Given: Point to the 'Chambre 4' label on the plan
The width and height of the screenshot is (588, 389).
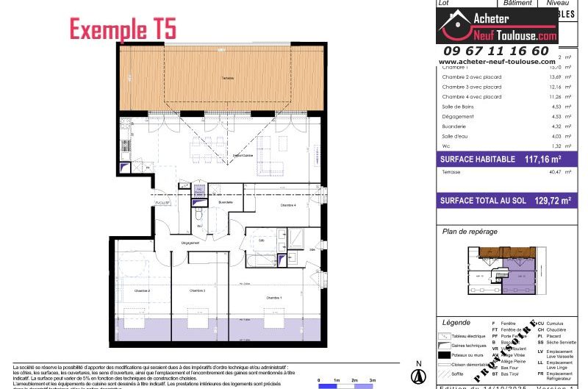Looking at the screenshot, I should (288, 205).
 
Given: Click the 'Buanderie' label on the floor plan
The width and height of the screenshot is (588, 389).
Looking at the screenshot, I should (226, 201).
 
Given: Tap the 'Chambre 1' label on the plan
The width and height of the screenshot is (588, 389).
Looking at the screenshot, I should (274, 296).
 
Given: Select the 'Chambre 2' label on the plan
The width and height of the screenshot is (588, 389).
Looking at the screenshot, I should (142, 291).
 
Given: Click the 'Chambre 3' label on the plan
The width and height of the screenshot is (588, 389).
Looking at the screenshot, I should (196, 291).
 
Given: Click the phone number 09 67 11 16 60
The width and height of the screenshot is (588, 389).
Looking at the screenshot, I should (494, 51).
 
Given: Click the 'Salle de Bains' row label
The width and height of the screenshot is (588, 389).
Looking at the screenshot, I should (458, 107).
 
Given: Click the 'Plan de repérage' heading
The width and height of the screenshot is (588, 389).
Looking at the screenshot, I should (469, 232).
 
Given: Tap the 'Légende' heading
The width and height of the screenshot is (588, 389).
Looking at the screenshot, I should (456, 323).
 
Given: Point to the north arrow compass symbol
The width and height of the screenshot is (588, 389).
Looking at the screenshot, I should (419, 375).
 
